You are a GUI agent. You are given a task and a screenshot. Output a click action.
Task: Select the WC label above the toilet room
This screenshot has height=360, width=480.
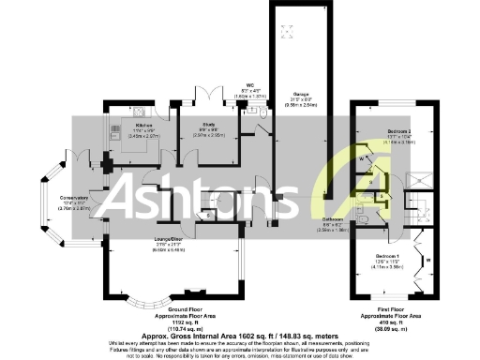pyautogui.click(x=250, y=84)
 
